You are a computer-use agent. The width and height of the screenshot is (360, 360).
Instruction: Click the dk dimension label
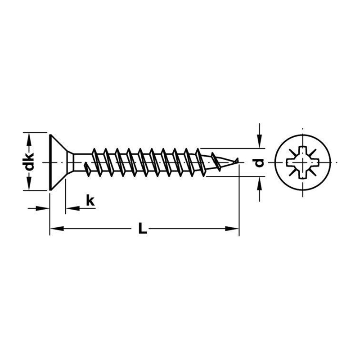coord(30,162)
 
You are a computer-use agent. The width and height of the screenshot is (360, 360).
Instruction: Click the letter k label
coord(90,200)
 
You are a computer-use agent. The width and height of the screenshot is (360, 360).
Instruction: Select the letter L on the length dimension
coord(143,228)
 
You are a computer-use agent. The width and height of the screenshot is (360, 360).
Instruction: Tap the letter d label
coord(260,163)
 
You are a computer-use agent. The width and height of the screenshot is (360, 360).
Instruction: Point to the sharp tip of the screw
coord(238,158)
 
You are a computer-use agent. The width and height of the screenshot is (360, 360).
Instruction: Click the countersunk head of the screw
coord(58,162)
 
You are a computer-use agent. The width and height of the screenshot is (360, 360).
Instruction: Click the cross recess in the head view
coord(303,162)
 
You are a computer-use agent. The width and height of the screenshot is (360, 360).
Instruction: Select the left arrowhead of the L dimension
coord(57,229)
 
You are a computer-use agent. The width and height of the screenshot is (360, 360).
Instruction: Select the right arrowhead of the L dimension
coord(232,229)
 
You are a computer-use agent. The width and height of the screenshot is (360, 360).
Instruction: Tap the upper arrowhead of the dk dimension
coord(29,140)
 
